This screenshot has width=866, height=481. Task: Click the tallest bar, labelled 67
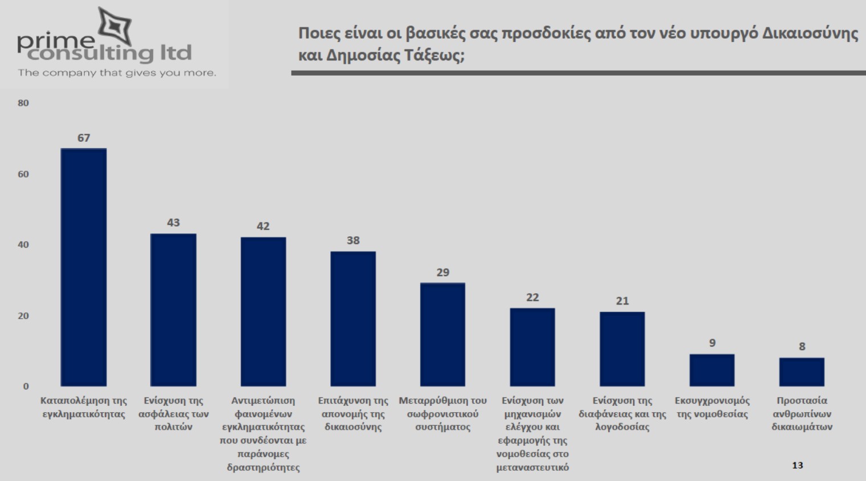tap(84, 268)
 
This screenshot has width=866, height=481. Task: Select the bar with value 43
tap(173, 310)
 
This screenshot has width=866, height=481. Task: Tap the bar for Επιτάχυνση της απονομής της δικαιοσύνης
tap(353, 319)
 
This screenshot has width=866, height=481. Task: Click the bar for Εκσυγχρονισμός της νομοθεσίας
tap(712, 371)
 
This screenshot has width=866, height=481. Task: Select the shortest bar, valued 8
tap(802, 372)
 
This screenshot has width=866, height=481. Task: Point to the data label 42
tap(263, 226)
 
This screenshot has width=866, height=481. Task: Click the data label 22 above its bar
tap(532, 297)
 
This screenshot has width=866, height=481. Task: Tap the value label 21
tap(622, 301)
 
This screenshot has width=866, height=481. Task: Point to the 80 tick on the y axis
tap(23, 103)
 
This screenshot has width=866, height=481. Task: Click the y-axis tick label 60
tap(23, 174)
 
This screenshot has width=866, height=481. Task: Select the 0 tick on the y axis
tap(26, 386)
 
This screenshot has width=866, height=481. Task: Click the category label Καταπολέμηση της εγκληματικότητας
tap(84, 407)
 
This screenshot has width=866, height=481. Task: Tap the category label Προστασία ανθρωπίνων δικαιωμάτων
tap(802, 414)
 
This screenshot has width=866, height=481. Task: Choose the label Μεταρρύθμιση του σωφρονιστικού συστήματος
tap(443, 414)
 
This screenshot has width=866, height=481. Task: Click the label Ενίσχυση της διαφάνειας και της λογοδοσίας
tap(622, 414)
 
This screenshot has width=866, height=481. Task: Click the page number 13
tap(797, 465)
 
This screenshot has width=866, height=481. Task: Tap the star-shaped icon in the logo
tap(116, 26)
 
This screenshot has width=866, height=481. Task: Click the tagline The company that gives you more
tap(117, 73)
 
